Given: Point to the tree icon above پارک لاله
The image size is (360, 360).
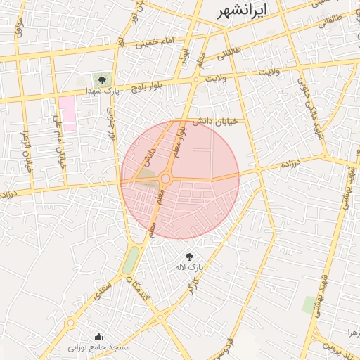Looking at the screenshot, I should click(188, 257).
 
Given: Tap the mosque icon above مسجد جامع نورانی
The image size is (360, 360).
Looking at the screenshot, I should click(98, 335).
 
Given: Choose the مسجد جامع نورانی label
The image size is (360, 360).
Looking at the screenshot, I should click(98, 347).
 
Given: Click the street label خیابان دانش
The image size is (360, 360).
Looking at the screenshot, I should click(218, 122).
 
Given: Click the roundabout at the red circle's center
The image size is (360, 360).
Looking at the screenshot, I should click(166, 179).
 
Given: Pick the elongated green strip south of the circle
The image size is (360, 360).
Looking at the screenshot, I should click(130, 259).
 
